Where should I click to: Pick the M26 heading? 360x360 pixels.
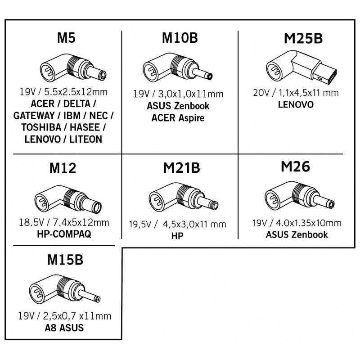pos(295,167)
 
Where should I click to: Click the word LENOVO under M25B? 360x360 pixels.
pos(296,105)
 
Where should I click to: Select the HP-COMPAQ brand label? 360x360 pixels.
pos(66,234)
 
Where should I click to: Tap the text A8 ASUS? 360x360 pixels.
pos(66,328)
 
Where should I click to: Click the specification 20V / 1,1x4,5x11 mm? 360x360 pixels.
pos(295,93)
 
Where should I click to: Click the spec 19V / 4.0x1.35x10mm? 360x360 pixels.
pos(297,223)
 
